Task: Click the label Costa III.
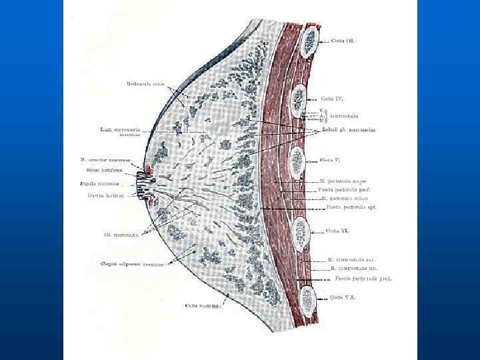coord(343,41)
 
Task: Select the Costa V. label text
coord(331,160)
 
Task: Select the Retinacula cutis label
coord(145,85)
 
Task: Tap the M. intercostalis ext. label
coord(349,259)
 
